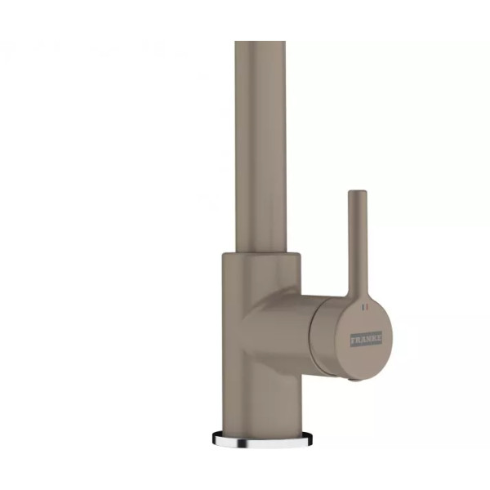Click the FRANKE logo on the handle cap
coord(367,339)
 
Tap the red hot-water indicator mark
coord(367,307)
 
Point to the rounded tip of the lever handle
coord(358,193)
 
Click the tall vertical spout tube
coord(261,146)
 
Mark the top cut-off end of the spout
coord(261,42)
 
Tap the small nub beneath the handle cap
coord(354,380)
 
